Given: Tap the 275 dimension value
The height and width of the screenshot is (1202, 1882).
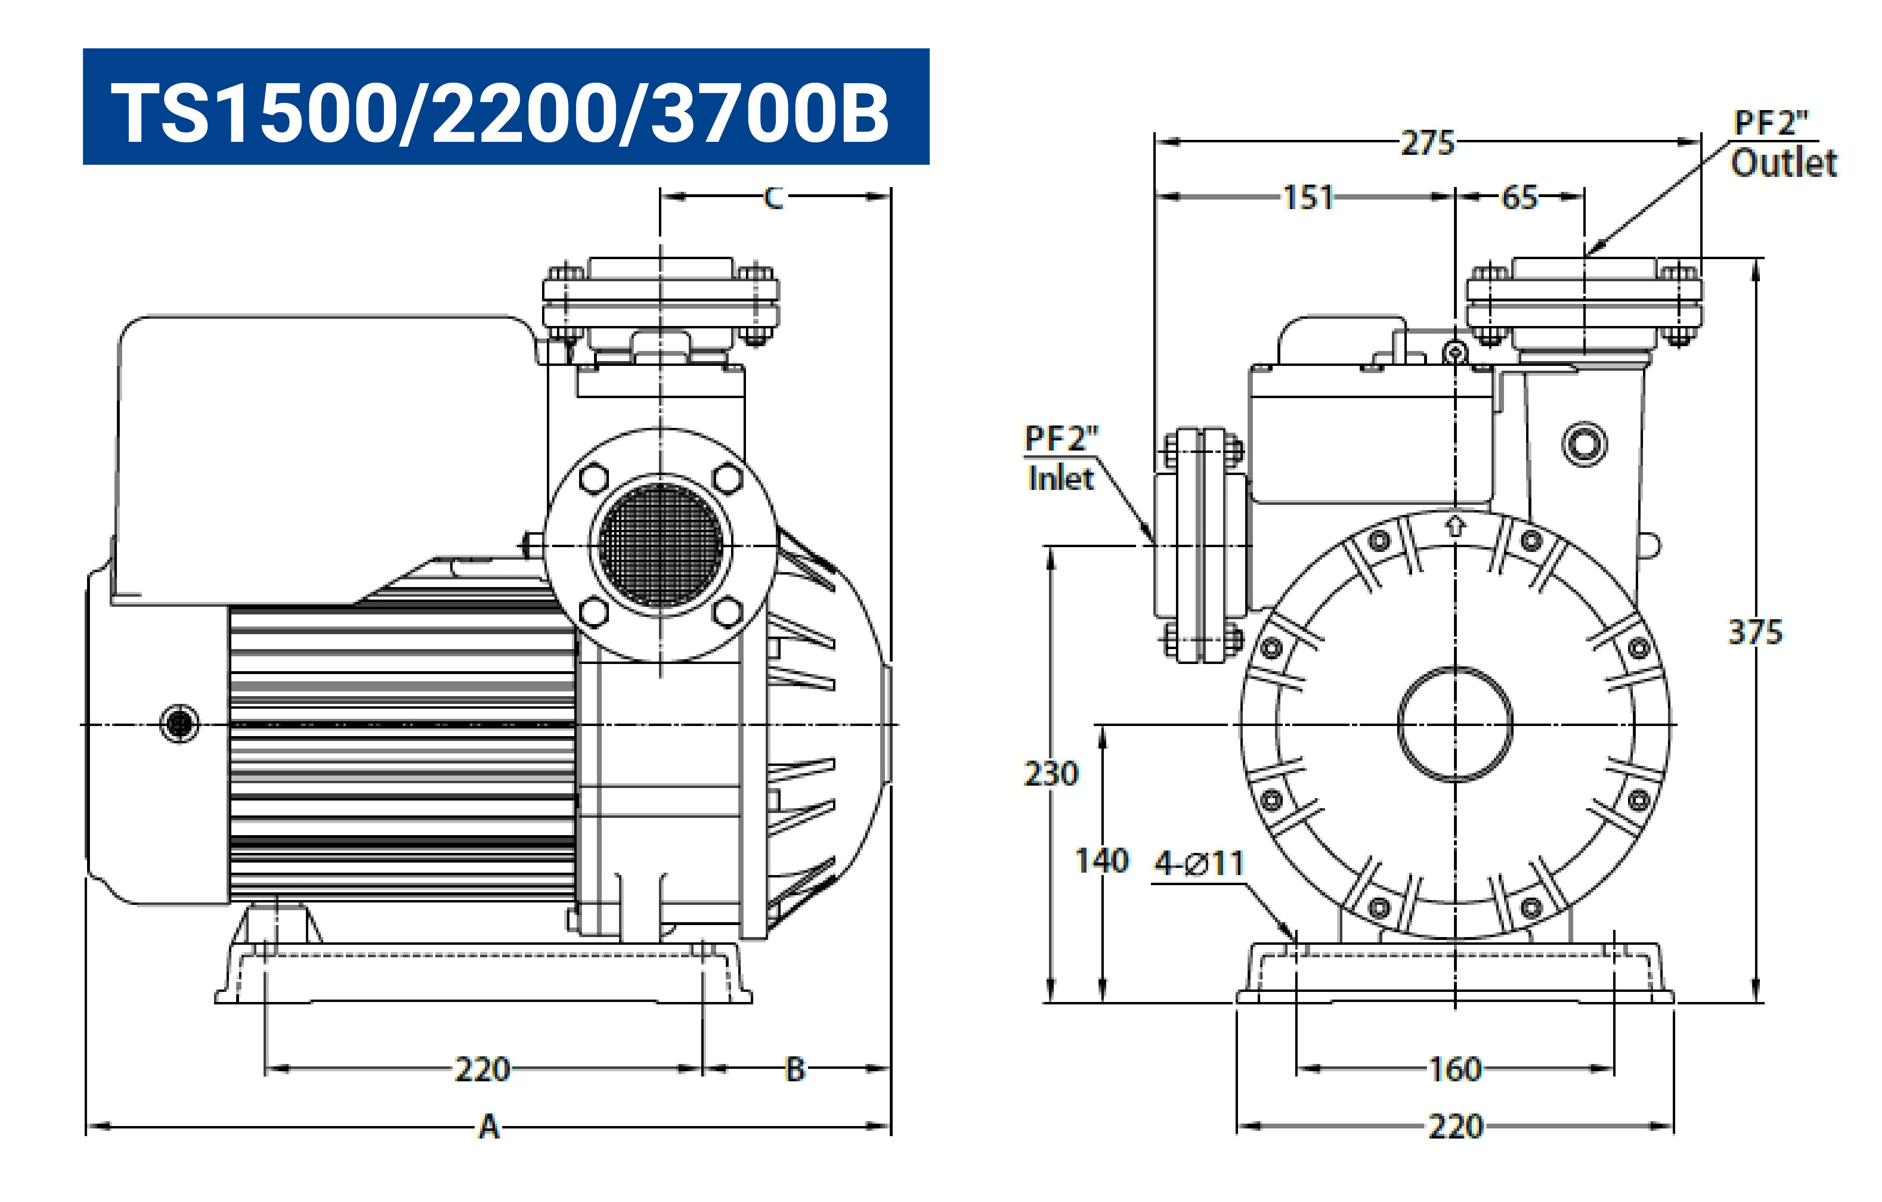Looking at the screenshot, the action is click(1427, 143).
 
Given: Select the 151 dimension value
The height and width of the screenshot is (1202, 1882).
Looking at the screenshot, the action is click(1308, 198).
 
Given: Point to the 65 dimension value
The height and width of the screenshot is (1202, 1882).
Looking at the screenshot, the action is click(1519, 198).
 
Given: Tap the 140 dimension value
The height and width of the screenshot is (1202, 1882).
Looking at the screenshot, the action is click(1102, 861).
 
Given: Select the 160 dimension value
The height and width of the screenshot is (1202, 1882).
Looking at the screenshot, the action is click(1454, 1069).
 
